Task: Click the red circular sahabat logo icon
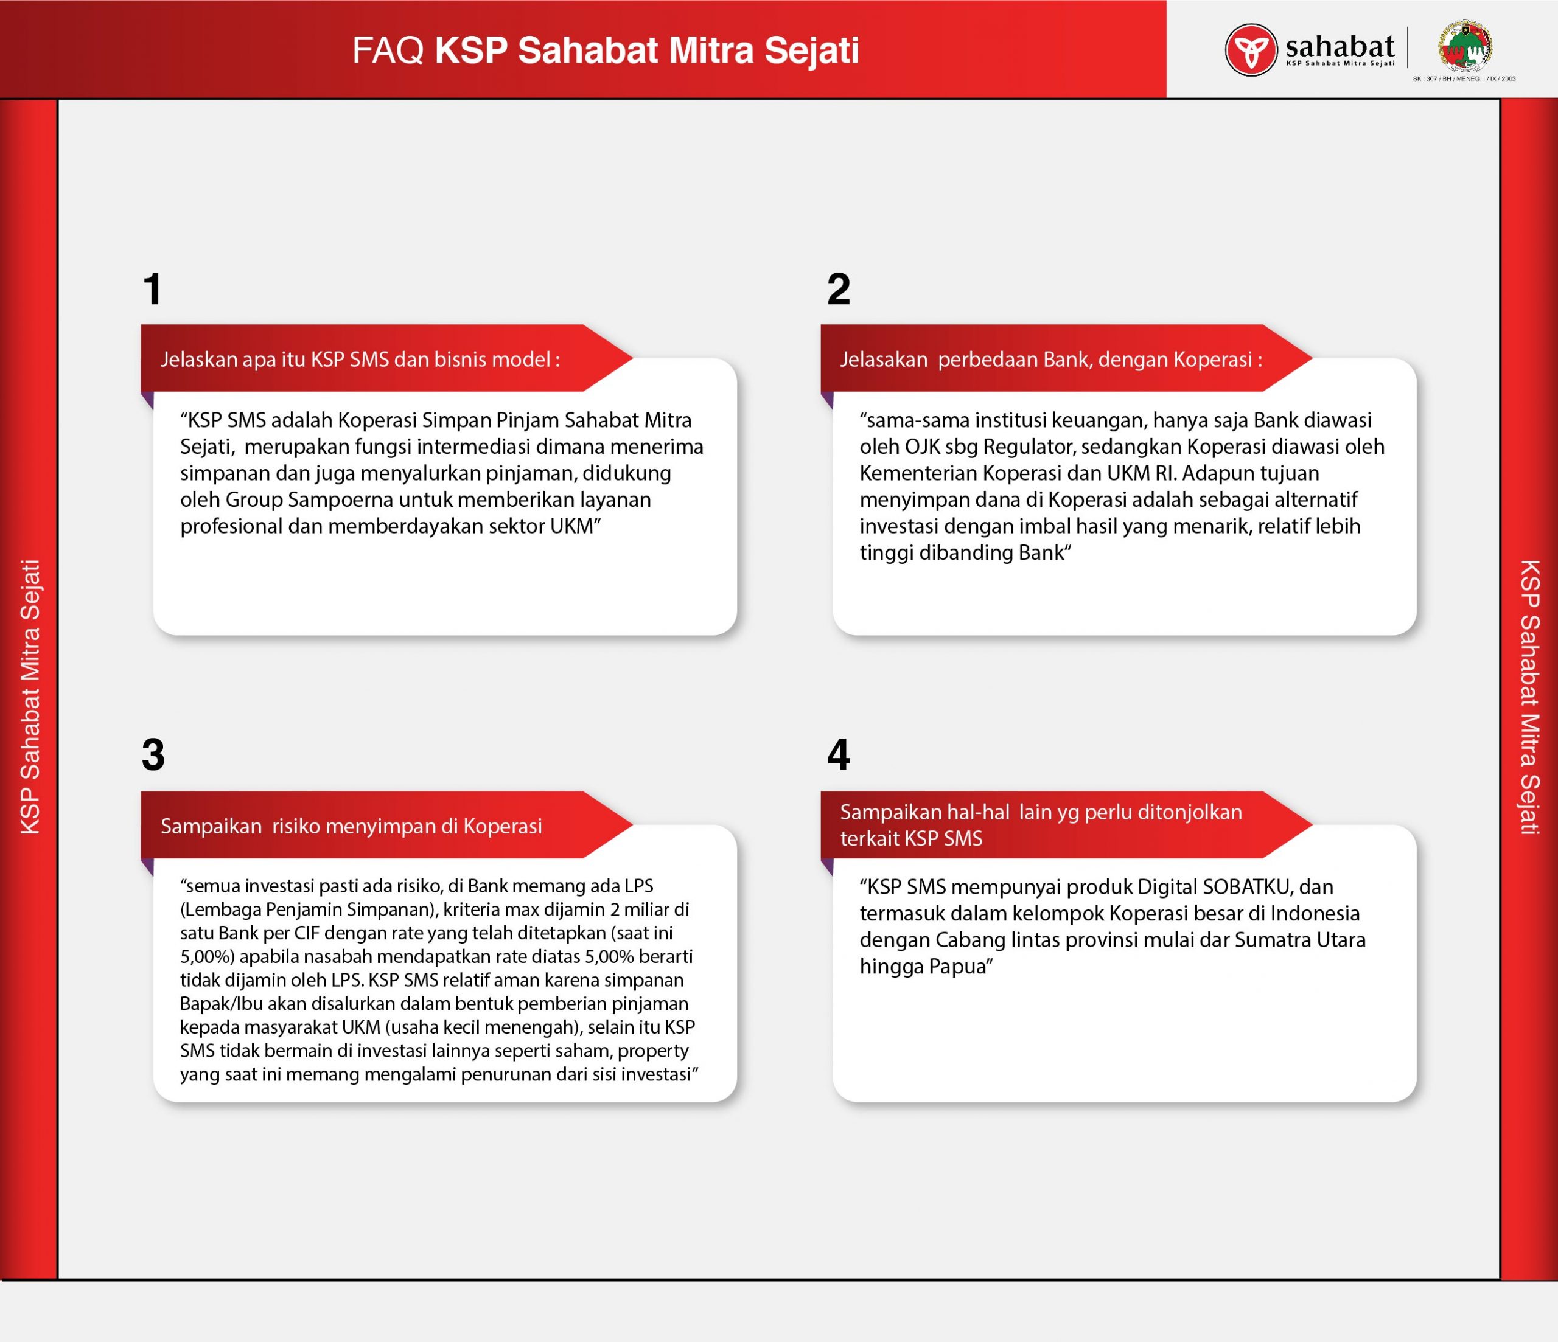pos(1251,50)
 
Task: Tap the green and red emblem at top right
pos(1465,47)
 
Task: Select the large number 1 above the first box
pos(153,290)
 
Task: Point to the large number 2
pos(839,290)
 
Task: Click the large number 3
pos(153,755)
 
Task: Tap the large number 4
pos(839,755)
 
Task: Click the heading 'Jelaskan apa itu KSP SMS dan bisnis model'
pos(360,360)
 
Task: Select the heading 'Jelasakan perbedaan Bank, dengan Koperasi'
pos(1051,360)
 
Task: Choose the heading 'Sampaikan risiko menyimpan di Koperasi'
pos(351,826)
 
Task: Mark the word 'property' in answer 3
pos(652,1051)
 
